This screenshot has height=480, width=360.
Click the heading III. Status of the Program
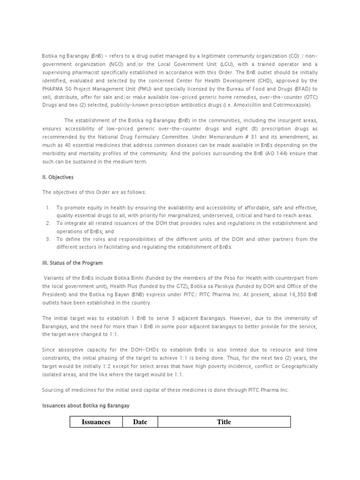tap(72, 262)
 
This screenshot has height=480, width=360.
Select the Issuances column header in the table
tap(96, 422)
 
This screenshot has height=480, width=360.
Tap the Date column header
tap(140, 422)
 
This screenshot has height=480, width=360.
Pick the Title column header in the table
tap(224, 422)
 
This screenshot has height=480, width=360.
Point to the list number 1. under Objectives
tap(48, 207)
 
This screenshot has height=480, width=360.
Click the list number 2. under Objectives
tap(48, 223)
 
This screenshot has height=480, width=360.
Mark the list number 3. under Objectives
tap(48, 239)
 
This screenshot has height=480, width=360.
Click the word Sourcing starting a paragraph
tap(53, 390)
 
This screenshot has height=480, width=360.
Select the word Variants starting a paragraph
tap(55, 278)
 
